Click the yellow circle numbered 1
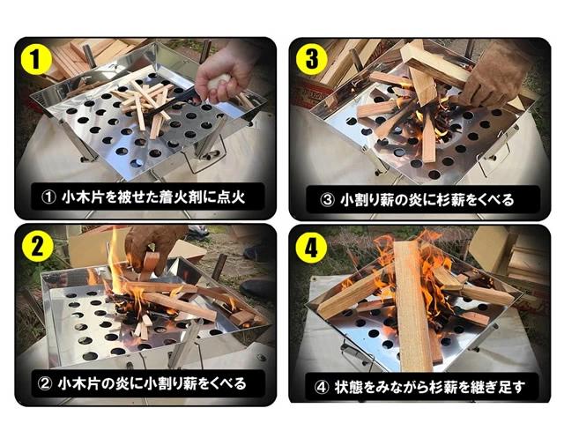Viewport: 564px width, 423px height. click(x=36, y=59)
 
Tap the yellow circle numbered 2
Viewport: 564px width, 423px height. click(x=38, y=247)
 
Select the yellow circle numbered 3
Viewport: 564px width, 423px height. click(x=311, y=59)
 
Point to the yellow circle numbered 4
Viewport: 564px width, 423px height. click(x=311, y=248)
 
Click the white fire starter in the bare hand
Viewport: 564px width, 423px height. click(x=219, y=82)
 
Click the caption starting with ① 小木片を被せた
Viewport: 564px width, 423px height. click(x=143, y=197)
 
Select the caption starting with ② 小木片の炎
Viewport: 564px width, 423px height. click(x=142, y=384)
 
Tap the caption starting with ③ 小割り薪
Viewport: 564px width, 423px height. click(x=417, y=200)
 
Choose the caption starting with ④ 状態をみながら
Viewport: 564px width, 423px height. click(x=419, y=388)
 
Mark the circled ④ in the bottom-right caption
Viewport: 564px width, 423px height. click(x=322, y=388)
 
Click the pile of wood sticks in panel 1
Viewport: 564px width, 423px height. click(x=144, y=104)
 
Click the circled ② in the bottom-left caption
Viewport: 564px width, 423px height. click(x=45, y=384)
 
